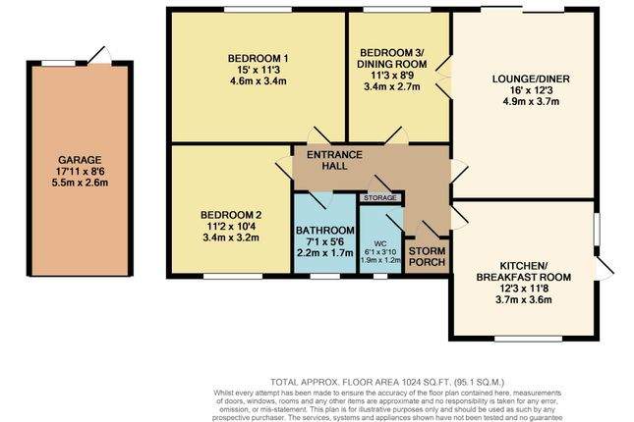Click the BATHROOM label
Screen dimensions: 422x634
tap(325, 231)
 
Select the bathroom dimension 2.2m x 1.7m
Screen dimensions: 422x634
tap(325, 253)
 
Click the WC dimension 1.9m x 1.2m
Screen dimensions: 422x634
tap(379, 260)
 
